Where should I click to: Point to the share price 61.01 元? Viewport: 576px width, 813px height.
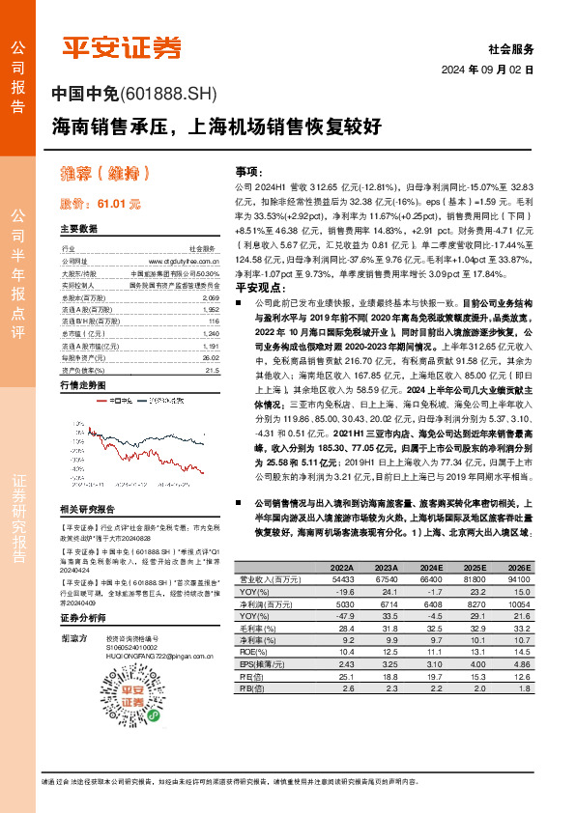117,205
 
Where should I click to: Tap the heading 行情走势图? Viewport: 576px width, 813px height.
81,384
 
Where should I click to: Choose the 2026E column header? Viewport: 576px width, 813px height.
519,567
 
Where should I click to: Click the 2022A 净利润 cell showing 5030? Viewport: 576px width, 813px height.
342,602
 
